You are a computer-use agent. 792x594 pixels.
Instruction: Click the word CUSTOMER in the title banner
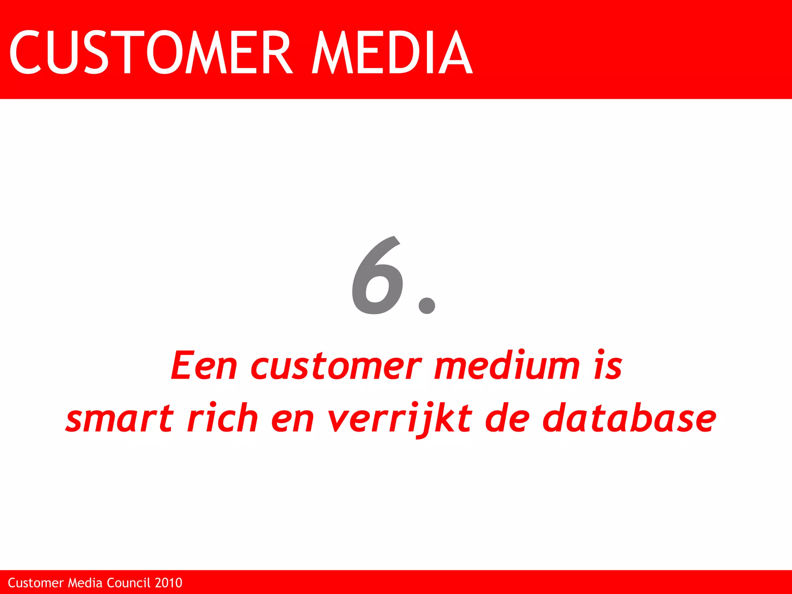tap(151, 52)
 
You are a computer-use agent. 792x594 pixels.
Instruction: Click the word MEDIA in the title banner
tap(392, 52)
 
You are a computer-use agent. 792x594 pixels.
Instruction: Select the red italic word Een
tap(204, 365)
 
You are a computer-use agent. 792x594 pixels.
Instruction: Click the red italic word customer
tap(336, 366)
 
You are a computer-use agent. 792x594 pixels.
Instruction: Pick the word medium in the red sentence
tap(507, 365)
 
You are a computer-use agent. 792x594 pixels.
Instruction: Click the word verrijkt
tap(400, 418)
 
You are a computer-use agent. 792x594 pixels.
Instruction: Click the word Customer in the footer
tap(36, 583)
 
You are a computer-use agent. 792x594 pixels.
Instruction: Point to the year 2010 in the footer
tap(168, 583)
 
